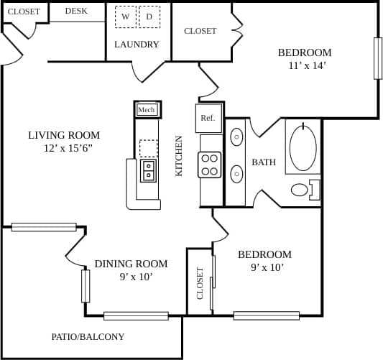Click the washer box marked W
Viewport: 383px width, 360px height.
pyautogui.click(x=125, y=17)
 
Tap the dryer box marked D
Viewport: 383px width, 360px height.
pyautogui.click(x=149, y=17)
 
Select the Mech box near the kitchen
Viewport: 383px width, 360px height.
pyautogui.click(x=147, y=109)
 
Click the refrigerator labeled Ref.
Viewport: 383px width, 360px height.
pyautogui.click(x=208, y=118)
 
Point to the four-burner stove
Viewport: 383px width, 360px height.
pyautogui.click(x=210, y=165)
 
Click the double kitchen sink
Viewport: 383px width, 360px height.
pyautogui.click(x=149, y=170)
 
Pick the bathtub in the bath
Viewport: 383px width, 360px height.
pyautogui.click(x=303, y=147)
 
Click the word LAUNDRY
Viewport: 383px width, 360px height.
pyautogui.click(x=137, y=45)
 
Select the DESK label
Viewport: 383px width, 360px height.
pyautogui.click(x=76, y=11)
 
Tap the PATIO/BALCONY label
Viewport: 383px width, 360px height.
pyautogui.click(x=88, y=336)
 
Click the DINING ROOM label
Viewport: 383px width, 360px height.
pyautogui.click(x=131, y=264)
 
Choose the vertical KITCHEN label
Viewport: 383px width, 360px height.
pyautogui.click(x=180, y=156)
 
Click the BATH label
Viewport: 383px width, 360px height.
pyautogui.click(x=264, y=162)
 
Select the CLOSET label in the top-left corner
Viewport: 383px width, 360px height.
pyautogui.click(x=24, y=11)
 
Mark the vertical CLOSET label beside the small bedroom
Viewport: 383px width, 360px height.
pyautogui.click(x=200, y=283)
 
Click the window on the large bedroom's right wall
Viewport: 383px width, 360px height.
pyautogui.click(x=377, y=58)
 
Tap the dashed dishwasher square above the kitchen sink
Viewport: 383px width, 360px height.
pyautogui.click(x=149, y=148)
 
